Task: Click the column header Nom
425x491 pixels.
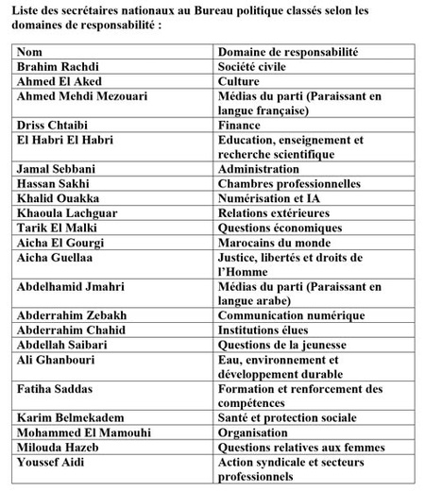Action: click(x=29, y=53)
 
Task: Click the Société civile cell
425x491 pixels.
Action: click(x=259, y=68)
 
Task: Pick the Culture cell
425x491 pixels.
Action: click(x=242, y=82)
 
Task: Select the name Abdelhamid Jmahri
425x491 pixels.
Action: click(x=66, y=286)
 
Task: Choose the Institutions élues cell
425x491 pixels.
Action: click(x=267, y=330)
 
